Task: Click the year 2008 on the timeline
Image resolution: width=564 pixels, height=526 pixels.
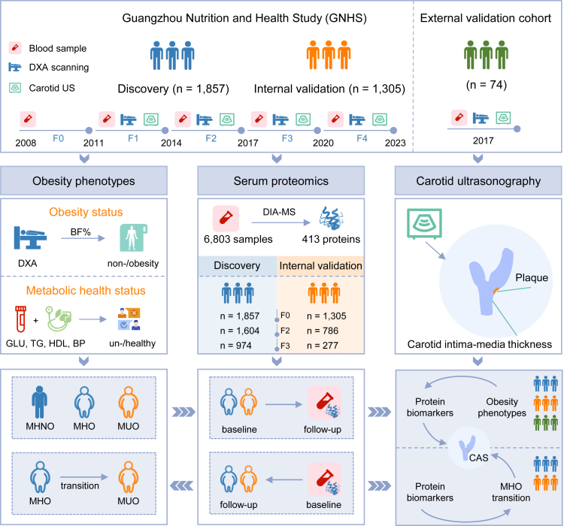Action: click(25, 143)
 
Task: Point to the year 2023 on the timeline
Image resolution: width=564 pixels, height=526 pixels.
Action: click(393, 143)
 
